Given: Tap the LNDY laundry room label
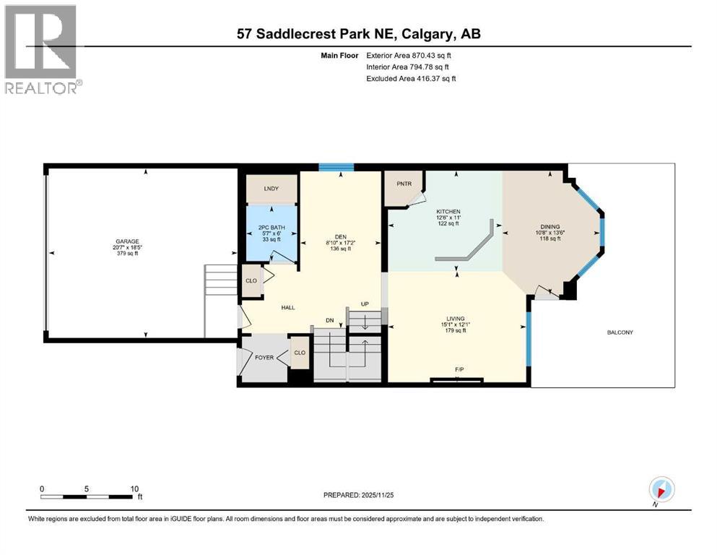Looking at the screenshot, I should pos(271,189).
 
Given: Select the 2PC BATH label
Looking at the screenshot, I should pos(271,228).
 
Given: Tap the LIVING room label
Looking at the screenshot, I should pos(456,319).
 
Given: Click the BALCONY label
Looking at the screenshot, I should pos(620,332).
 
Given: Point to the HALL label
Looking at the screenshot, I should pos(288,307).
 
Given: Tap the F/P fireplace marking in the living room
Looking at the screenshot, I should pos(459,370).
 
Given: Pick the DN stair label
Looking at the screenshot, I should pos(329,320).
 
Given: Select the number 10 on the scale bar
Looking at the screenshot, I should pos(134,489).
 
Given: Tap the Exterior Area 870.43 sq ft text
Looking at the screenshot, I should pos(412,55).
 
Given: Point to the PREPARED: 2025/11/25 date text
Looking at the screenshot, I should pos(358,495).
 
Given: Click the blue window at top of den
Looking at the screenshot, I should pos(336,168).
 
